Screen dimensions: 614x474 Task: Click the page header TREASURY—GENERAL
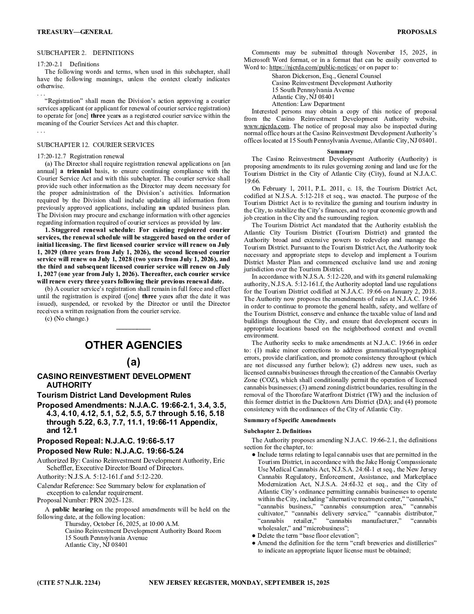pyautogui.click(x=74, y=32)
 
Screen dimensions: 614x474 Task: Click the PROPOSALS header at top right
pyautogui.click(x=416, y=32)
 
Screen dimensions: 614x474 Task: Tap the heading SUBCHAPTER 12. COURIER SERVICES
pyautogui.click(x=95, y=145)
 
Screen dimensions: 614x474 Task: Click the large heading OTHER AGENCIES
pyautogui.click(x=133, y=345)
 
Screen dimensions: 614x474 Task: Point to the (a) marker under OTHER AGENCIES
pyautogui.click(x=133, y=362)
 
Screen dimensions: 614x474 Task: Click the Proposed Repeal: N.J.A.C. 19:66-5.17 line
pyautogui.click(x=106, y=441)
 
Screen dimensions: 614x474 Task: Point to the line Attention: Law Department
pyautogui.click(x=308, y=104)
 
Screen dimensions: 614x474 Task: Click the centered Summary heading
pyautogui.click(x=340, y=151)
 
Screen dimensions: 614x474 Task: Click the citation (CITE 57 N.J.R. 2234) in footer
pyautogui.click(x=69, y=583)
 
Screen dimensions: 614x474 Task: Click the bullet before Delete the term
pyautogui.click(x=254, y=536)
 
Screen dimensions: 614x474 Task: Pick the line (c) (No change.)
pyautogui.click(x=67, y=318)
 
